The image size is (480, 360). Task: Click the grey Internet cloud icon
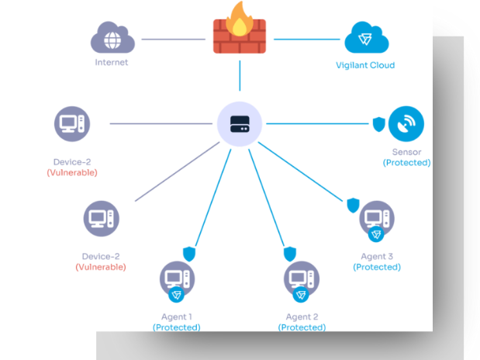tap(112, 37)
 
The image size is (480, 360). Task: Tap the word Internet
tap(112, 63)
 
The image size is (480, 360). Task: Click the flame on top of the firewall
tap(240, 19)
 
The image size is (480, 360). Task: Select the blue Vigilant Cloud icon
tap(367, 37)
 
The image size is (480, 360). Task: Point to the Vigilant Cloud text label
tap(365, 65)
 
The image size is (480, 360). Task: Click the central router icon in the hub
tap(240, 124)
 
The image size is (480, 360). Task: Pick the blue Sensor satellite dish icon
tap(406, 124)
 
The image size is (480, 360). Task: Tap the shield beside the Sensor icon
tap(378, 124)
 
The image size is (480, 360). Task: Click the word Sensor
tap(406, 152)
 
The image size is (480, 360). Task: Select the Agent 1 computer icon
tap(177, 280)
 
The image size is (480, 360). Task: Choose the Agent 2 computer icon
tap(302, 280)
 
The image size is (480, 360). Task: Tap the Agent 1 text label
tap(177, 317)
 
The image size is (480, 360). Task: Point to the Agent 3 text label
tap(377, 256)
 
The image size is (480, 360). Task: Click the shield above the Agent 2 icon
tap(290, 254)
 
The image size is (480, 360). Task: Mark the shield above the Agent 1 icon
tap(189, 254)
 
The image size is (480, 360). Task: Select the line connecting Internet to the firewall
tap(173, 40)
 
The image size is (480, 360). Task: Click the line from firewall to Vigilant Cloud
tap(307, 40)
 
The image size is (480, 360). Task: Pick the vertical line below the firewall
tap(240, 76)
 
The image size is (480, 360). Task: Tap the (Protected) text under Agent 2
tap(302, 327)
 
